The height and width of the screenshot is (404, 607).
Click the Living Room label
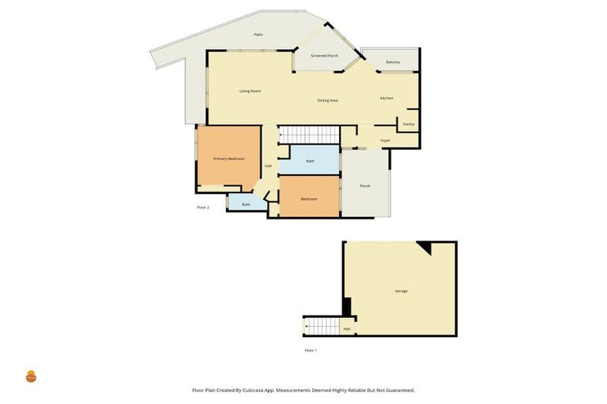pos(250,92)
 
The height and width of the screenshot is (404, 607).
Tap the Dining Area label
pos(328,100)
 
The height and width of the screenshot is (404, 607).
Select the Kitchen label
pos(386,98)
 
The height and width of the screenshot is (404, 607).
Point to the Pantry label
pos(409,124)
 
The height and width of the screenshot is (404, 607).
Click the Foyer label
pos(385,140)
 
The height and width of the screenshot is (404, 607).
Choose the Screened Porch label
pos(324,56)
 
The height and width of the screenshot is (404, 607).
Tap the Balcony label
pos(393,62)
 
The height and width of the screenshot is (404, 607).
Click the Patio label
pos(258,35)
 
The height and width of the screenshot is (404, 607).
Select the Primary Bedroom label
pos(228,159)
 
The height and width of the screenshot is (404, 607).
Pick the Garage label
pos(401,291)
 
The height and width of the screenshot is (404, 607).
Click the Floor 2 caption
pos(203,208)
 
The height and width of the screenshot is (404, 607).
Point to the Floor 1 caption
pos(311,350)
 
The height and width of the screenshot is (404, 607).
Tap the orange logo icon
pos(32,376)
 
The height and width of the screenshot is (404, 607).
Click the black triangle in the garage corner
pos(426,248)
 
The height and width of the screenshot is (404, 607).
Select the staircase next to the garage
pos(321,326)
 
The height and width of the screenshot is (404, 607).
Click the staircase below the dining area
pos(310,135)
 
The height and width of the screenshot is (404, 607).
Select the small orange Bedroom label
pos(308,199)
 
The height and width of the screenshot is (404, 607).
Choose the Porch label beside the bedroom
pos(364,186)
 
